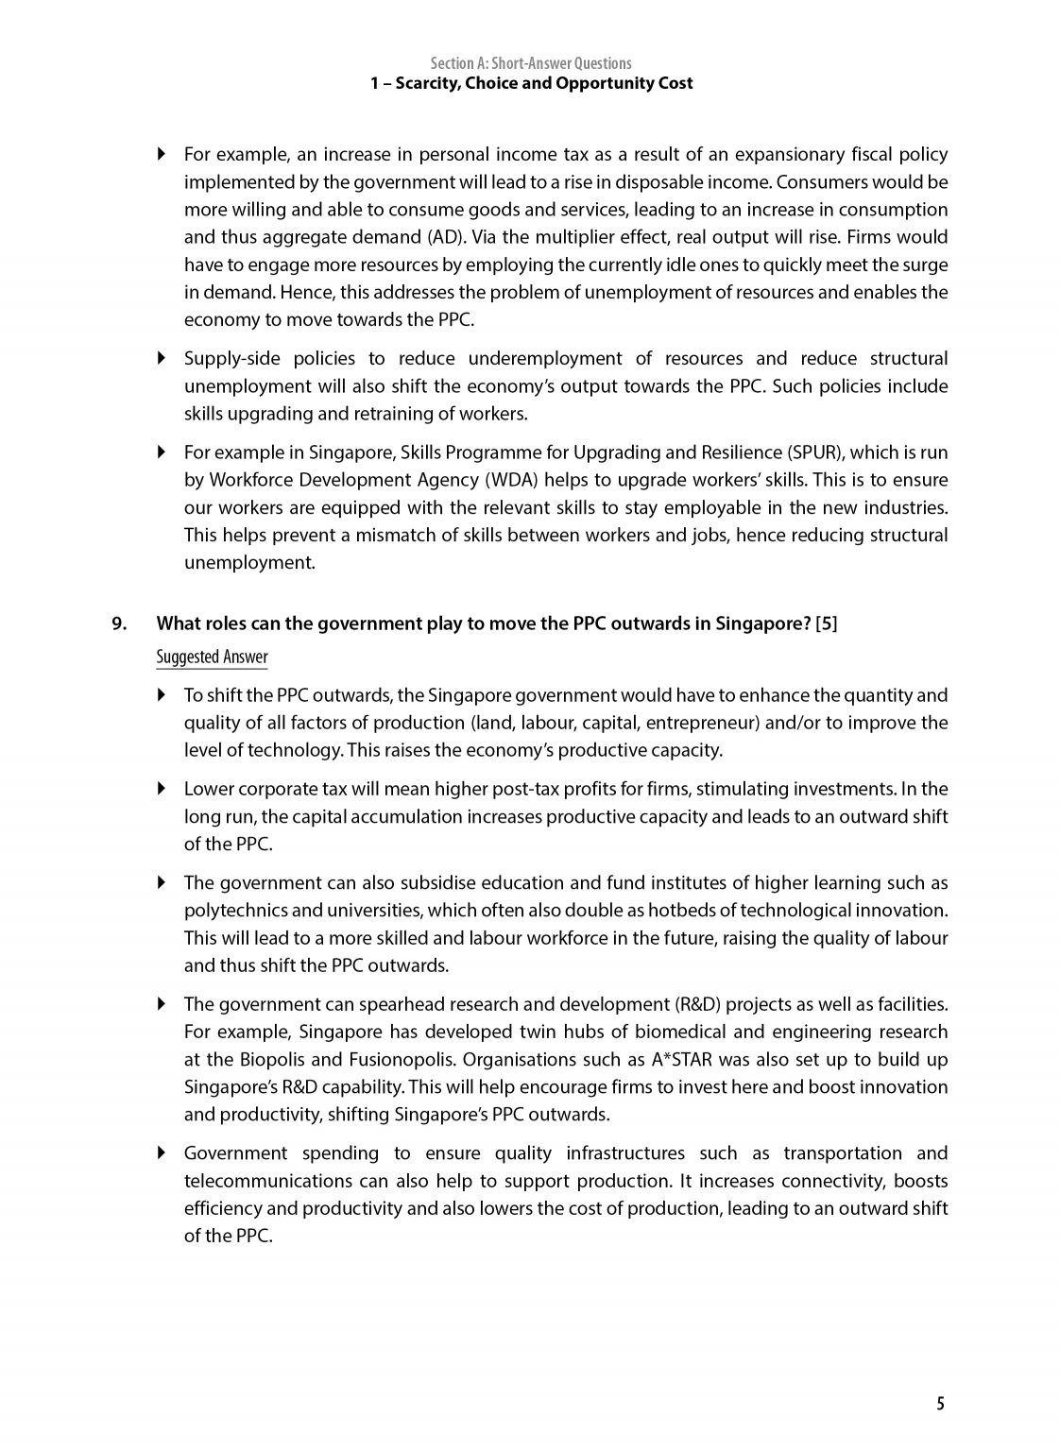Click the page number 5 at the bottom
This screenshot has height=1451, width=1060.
pos(940,1403)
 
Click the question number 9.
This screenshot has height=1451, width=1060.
pos(119,623)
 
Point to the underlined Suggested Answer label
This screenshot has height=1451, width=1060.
pos(212,657)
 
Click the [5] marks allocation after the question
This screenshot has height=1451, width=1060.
pos(826,623)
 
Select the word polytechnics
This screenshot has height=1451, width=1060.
pos(231,911)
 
